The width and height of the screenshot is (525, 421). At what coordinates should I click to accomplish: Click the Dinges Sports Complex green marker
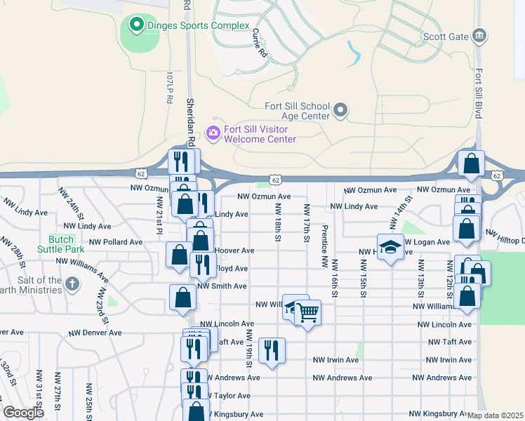pyautogui.click(x=135, y=26)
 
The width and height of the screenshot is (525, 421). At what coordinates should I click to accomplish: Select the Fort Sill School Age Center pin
pyautogui.click(x=340, y=110)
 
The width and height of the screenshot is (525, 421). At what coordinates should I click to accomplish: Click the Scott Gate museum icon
pyautogui.click(x=479, y=35)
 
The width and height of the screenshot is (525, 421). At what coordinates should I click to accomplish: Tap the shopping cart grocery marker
pyautogui.click(x=307, y=312)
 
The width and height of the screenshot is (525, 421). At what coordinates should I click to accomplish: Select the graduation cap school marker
pyautogui.click(x=390, y=247)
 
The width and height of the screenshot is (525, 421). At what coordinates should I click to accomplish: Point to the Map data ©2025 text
pyautogui.click(x=495, y=415)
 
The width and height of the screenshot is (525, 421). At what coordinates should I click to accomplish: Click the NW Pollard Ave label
pyautogui.click(x=116, y=242)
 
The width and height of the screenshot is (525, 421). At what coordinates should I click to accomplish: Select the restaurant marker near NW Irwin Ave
pyautogui.click(x=272, y=349)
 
